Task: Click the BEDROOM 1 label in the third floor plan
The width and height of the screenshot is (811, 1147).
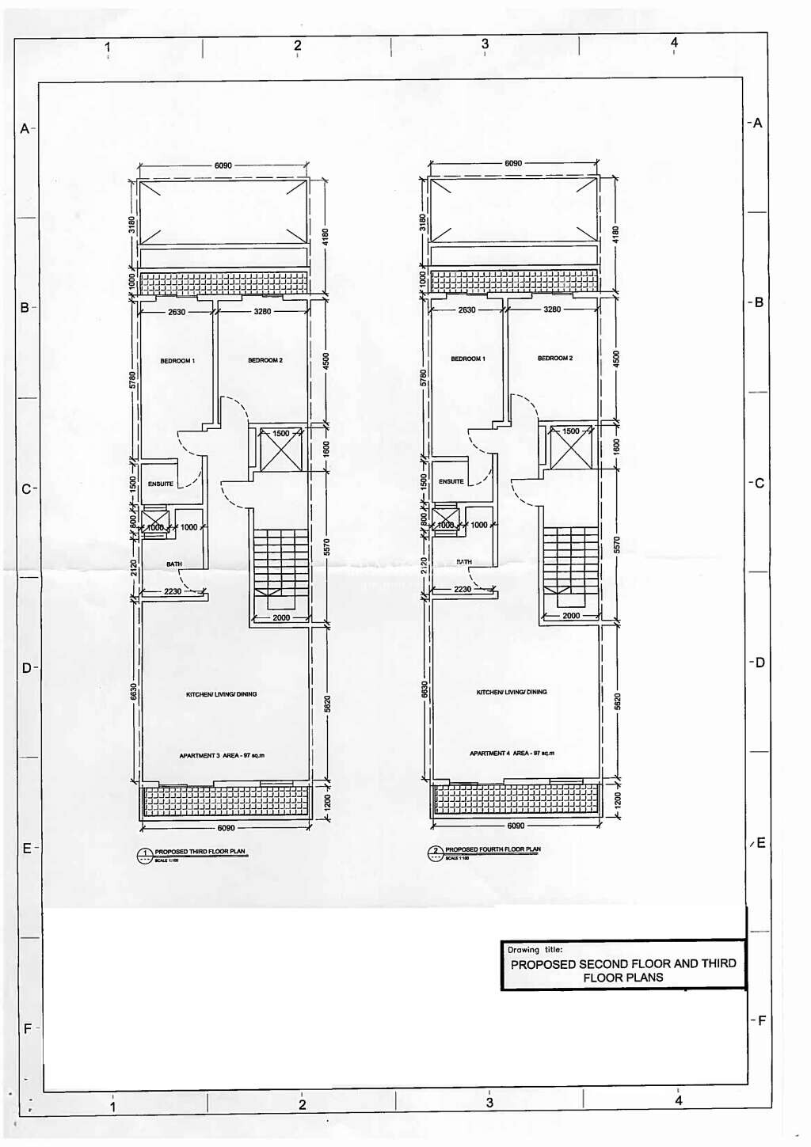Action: (x=177, y=361)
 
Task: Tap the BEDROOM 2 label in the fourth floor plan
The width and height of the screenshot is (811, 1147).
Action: (x=555, y=359)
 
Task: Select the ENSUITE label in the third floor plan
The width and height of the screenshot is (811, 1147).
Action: (x=161, y=484)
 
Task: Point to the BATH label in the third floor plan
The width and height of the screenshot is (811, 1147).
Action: (x=174, y=564)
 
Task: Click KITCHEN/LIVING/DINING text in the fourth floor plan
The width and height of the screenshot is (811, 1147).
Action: (x=512, y=692)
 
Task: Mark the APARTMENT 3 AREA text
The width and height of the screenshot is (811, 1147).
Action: (x=222, y=756)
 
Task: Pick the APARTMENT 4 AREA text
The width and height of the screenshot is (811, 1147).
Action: (x=512, y=754)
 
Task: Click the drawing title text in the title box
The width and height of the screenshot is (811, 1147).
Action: (x=623, y=970)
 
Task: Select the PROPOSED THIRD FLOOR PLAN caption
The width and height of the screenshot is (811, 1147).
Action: (x=200, y=852)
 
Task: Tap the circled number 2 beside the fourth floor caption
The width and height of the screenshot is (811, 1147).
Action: (x=435, y=852)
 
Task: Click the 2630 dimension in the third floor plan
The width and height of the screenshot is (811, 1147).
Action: (x=177, y=312)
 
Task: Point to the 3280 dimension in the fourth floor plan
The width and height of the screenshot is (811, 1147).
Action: (x=552, y=310)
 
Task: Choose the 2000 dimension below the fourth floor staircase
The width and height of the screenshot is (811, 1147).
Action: (x=571, y=615)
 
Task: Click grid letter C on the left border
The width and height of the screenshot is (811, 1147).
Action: (x=26, y=489)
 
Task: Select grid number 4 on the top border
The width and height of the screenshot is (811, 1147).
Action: (x=674, y=43)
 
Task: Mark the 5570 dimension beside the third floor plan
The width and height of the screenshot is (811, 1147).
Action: (x=326, y=546)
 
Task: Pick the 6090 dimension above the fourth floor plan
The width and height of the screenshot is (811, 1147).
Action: (x=513, y=163)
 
